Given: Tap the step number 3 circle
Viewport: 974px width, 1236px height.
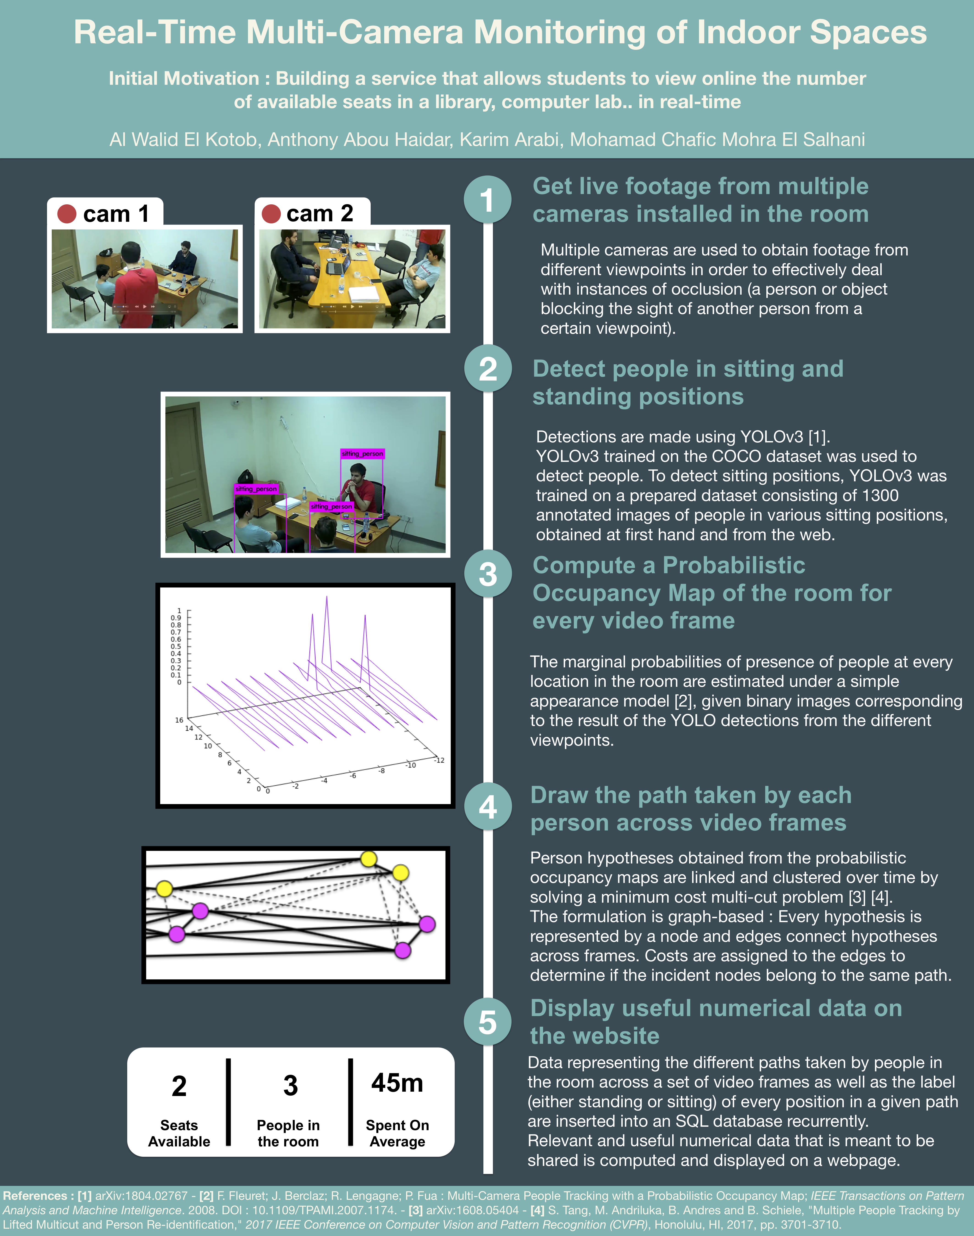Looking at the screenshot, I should pyautogui.click(x=487, y=574).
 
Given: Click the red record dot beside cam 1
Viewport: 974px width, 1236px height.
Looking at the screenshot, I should pyautogui.click(x=67, y=214).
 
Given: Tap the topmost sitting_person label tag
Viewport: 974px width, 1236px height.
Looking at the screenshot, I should pyautogui.click(x=362, y=454).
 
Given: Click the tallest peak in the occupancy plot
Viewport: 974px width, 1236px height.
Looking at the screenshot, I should pyautogui.click(x=327, y=597).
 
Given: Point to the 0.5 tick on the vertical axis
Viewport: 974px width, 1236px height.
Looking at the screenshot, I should pyautogui.click(x=176, y=647).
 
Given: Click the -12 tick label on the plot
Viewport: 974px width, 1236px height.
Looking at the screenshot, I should pyautogui.click(x=439, y=760).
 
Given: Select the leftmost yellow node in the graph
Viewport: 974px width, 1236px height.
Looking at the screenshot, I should pyautogui.click(x=164, y=888).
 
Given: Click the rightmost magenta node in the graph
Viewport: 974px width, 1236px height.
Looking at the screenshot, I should pyautogui.click(x=427, y=924).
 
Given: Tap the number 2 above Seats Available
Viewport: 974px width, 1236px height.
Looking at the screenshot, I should pyautogui.click(x=179, y=1085).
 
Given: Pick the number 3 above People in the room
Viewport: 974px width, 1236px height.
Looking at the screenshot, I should pyautogui.click(x=290, y=1085).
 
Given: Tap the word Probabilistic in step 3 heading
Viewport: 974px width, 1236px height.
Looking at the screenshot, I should pyautogui.click(x=734, y=565).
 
